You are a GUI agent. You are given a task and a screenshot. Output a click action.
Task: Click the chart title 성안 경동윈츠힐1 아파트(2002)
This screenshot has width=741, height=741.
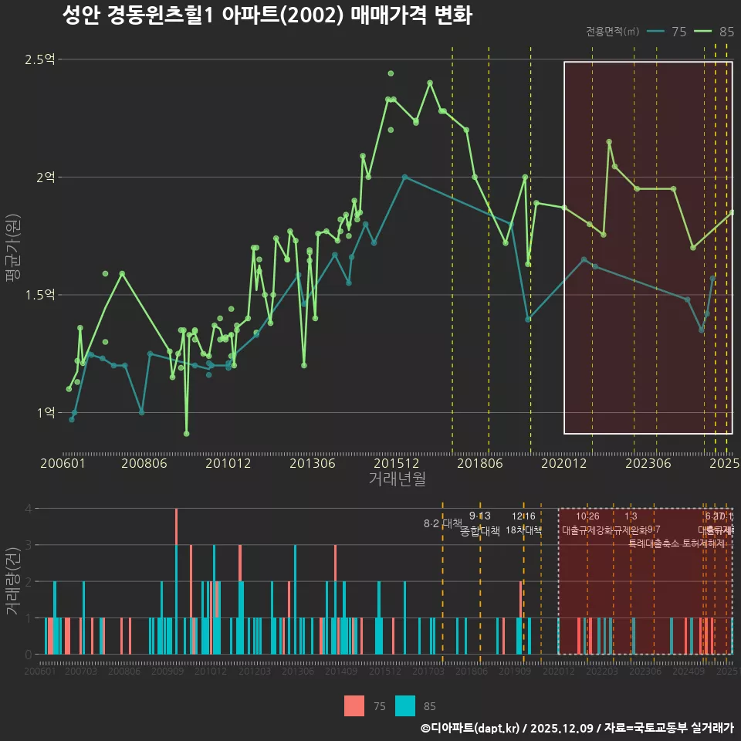click(266, 16)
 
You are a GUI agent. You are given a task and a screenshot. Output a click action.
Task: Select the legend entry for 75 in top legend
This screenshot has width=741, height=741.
click(667, 32)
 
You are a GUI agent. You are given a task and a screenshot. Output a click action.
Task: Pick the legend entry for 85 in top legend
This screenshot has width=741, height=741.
click(714, 32)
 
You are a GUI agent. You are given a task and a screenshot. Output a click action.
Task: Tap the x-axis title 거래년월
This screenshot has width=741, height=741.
click(397, 479)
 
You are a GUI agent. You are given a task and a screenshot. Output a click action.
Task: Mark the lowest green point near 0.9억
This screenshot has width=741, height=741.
click(186, 434)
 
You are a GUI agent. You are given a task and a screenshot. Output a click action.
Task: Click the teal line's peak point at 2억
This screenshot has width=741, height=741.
click(404, 177)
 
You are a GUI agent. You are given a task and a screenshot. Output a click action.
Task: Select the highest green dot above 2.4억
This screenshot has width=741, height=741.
click(391, 73)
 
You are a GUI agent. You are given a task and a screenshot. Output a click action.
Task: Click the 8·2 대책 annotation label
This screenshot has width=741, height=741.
click(442, 523)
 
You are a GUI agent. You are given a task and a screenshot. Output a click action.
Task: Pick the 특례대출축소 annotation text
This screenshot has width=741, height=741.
click(654, 543)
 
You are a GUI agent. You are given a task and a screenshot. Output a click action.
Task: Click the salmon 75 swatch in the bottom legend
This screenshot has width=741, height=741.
click(354, 705)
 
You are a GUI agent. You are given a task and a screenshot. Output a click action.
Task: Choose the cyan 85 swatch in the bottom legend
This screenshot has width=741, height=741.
click(404, 705)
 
